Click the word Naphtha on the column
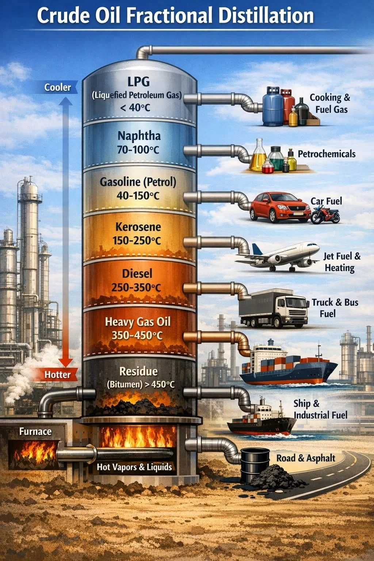[x=139, y=136]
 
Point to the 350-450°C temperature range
[x=137, y=335]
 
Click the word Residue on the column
[x=138, y=371]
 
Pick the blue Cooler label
[x=58, y=87]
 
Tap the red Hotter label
[x=57, y=375]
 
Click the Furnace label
[x=35, y=431]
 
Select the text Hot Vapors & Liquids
[x=134, y=467]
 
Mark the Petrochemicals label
[x=327, y=154]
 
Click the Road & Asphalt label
[x=306, y=458]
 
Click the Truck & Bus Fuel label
[x=334, y=308]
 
